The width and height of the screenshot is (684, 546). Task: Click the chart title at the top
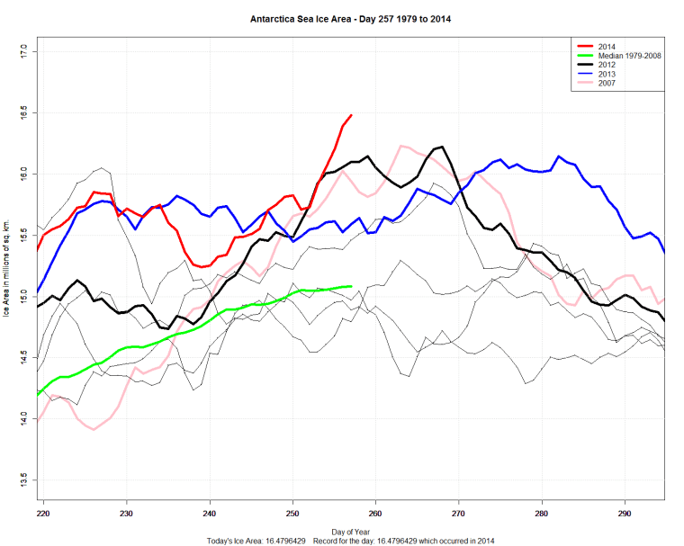pyautogui.click(x=350, y=17)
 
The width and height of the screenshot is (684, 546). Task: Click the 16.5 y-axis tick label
pyautogui.click(x=25, y=113)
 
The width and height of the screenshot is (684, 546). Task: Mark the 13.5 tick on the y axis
pyautogui.click(x=25, y=476)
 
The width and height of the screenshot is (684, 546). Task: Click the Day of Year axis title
pyautogui.click(x=350, y=532)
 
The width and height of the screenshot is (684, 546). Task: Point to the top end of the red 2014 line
pyautogui.click(x=351, y=115)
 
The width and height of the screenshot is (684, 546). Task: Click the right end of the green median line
pyautogui.click(x=350, y=286)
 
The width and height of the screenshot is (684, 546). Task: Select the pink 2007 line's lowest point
pyautogui.click(x=94, y=430)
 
